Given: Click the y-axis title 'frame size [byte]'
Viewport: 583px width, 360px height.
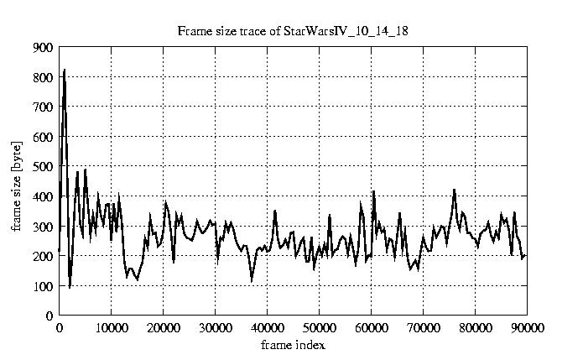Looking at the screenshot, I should pyautogui.click(x=16, y=182).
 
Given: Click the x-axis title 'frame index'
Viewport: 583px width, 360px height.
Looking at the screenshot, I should pyautogui.click(x=293, y=345).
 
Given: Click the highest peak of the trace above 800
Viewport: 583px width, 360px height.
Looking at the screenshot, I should pyautogui.click(x=64, y=70).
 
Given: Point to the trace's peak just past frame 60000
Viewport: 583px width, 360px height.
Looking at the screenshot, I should pyautogui.click(x=373, y=191).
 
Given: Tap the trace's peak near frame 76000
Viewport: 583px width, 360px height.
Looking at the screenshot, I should pyautogui.click(x=454, y=190).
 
